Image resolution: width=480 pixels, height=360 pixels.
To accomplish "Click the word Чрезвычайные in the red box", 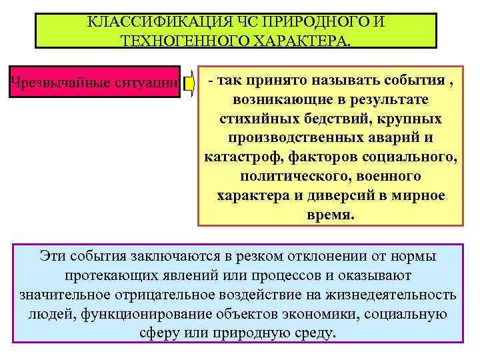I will click(x=53, y=83).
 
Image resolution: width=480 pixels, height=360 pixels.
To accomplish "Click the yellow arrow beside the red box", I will click(x=189, y=83).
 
